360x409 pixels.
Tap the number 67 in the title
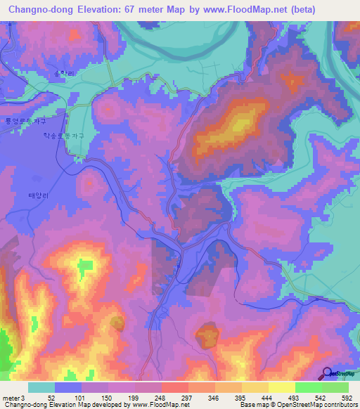click(129, 10)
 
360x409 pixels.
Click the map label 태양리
click(37, 177)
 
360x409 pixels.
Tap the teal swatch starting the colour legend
click(41, 387)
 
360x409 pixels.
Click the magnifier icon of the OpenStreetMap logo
click(328, 372)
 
